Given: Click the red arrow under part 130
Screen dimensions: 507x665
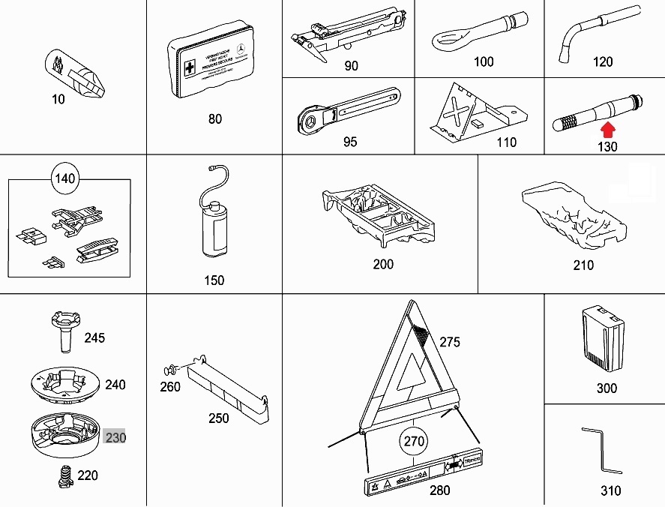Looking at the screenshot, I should pos(607,132).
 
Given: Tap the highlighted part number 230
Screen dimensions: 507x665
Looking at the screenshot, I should pos(115,436).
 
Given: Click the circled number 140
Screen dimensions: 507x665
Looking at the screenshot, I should pos(66,178).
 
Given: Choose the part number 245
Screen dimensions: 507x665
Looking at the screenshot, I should pos(94,338).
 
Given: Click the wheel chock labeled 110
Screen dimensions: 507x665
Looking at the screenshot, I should pos(472,112).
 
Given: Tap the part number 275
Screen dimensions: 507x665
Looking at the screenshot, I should pos(450,343).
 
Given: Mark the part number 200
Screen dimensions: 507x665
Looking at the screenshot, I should pos(383,264).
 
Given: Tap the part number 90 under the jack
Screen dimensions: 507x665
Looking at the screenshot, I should pos(351,66).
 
